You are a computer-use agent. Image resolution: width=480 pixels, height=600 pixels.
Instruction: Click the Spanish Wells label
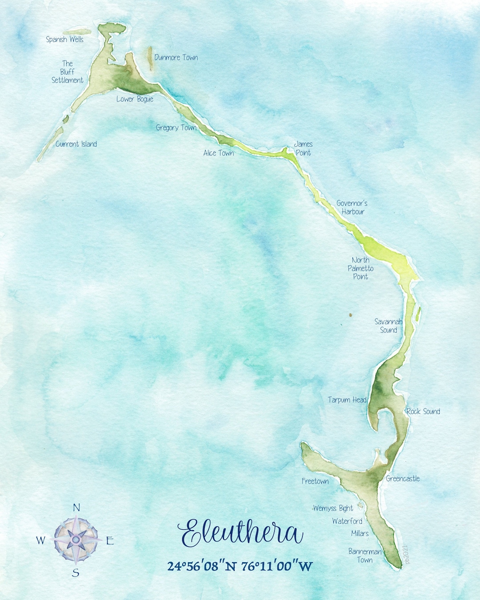tap(65, 40)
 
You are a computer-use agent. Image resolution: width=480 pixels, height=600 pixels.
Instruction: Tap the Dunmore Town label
tap(176, 57)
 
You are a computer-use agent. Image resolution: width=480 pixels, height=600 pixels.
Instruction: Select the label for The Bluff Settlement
tap(68, 72)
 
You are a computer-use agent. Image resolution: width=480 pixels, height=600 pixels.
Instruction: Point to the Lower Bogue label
tap(135, 99)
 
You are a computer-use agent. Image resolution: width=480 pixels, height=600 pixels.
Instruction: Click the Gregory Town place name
tap(176, 128)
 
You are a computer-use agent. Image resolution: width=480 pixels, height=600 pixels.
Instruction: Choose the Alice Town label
tap(218, 153)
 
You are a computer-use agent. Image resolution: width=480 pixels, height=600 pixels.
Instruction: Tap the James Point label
tap(304, 148)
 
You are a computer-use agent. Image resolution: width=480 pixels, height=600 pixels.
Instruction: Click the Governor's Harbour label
tap(352, 208)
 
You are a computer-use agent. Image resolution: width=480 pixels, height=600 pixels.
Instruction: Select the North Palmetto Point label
tap(360, 268)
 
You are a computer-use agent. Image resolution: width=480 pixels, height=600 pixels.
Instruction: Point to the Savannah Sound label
tap(388, 326)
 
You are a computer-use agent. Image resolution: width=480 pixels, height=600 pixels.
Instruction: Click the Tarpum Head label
tap(347, 400)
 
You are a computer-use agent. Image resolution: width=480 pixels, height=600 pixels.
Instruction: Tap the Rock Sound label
tap(423, 412)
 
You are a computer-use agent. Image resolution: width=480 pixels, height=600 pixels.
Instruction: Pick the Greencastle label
tap(403, 479)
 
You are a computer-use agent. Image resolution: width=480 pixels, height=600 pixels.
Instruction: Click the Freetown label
tap(315, 481)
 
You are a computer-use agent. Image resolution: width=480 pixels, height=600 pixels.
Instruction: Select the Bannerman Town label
tap(365, 556)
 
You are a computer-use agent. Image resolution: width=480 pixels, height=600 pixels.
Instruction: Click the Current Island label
tap(76, 144)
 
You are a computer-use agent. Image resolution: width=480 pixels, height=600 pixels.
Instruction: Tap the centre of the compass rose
tap(76, 539)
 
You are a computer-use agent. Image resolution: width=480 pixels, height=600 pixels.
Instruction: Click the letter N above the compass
tap(76, 508)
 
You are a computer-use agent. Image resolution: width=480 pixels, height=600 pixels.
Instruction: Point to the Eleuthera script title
tap(240, 533)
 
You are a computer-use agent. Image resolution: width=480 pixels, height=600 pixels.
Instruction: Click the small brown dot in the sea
tap(350, 315)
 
